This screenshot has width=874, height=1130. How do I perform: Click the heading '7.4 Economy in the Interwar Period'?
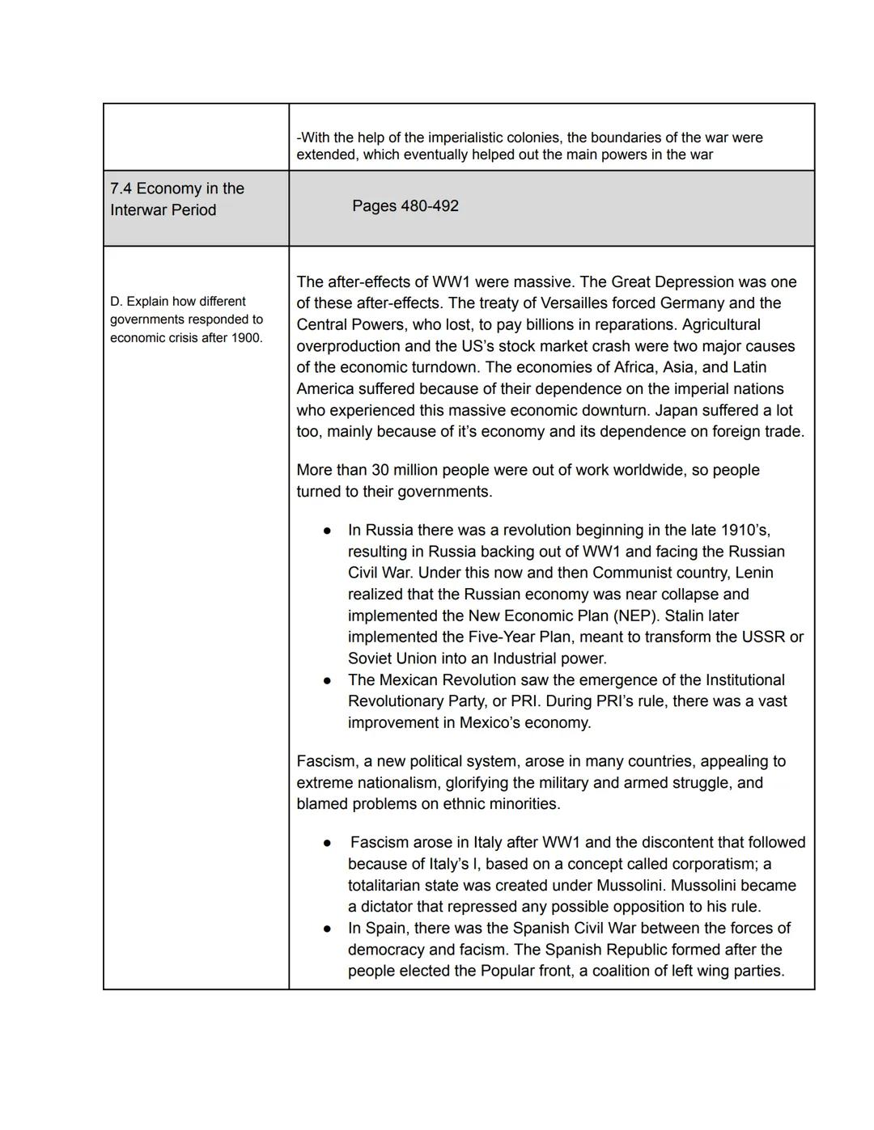(x=176, y=199)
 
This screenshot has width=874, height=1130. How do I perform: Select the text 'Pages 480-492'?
(x=405, y=206)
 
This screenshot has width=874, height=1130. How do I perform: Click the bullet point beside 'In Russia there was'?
(x=327, y=531)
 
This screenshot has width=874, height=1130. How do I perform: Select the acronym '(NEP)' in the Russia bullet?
(x=636, y=616)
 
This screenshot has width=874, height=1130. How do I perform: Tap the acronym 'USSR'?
(x=762, y=637)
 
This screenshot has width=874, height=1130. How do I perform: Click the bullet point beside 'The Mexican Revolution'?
(x=327, y=681)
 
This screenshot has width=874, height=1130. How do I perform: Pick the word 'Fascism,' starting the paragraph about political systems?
(x=327, y=761)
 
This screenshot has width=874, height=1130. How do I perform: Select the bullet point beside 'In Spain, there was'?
(x=327, y=929)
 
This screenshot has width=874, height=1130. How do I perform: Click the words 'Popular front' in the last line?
(x=525, y=971)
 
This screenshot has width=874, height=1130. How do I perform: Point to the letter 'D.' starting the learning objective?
(x=117, y=302)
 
